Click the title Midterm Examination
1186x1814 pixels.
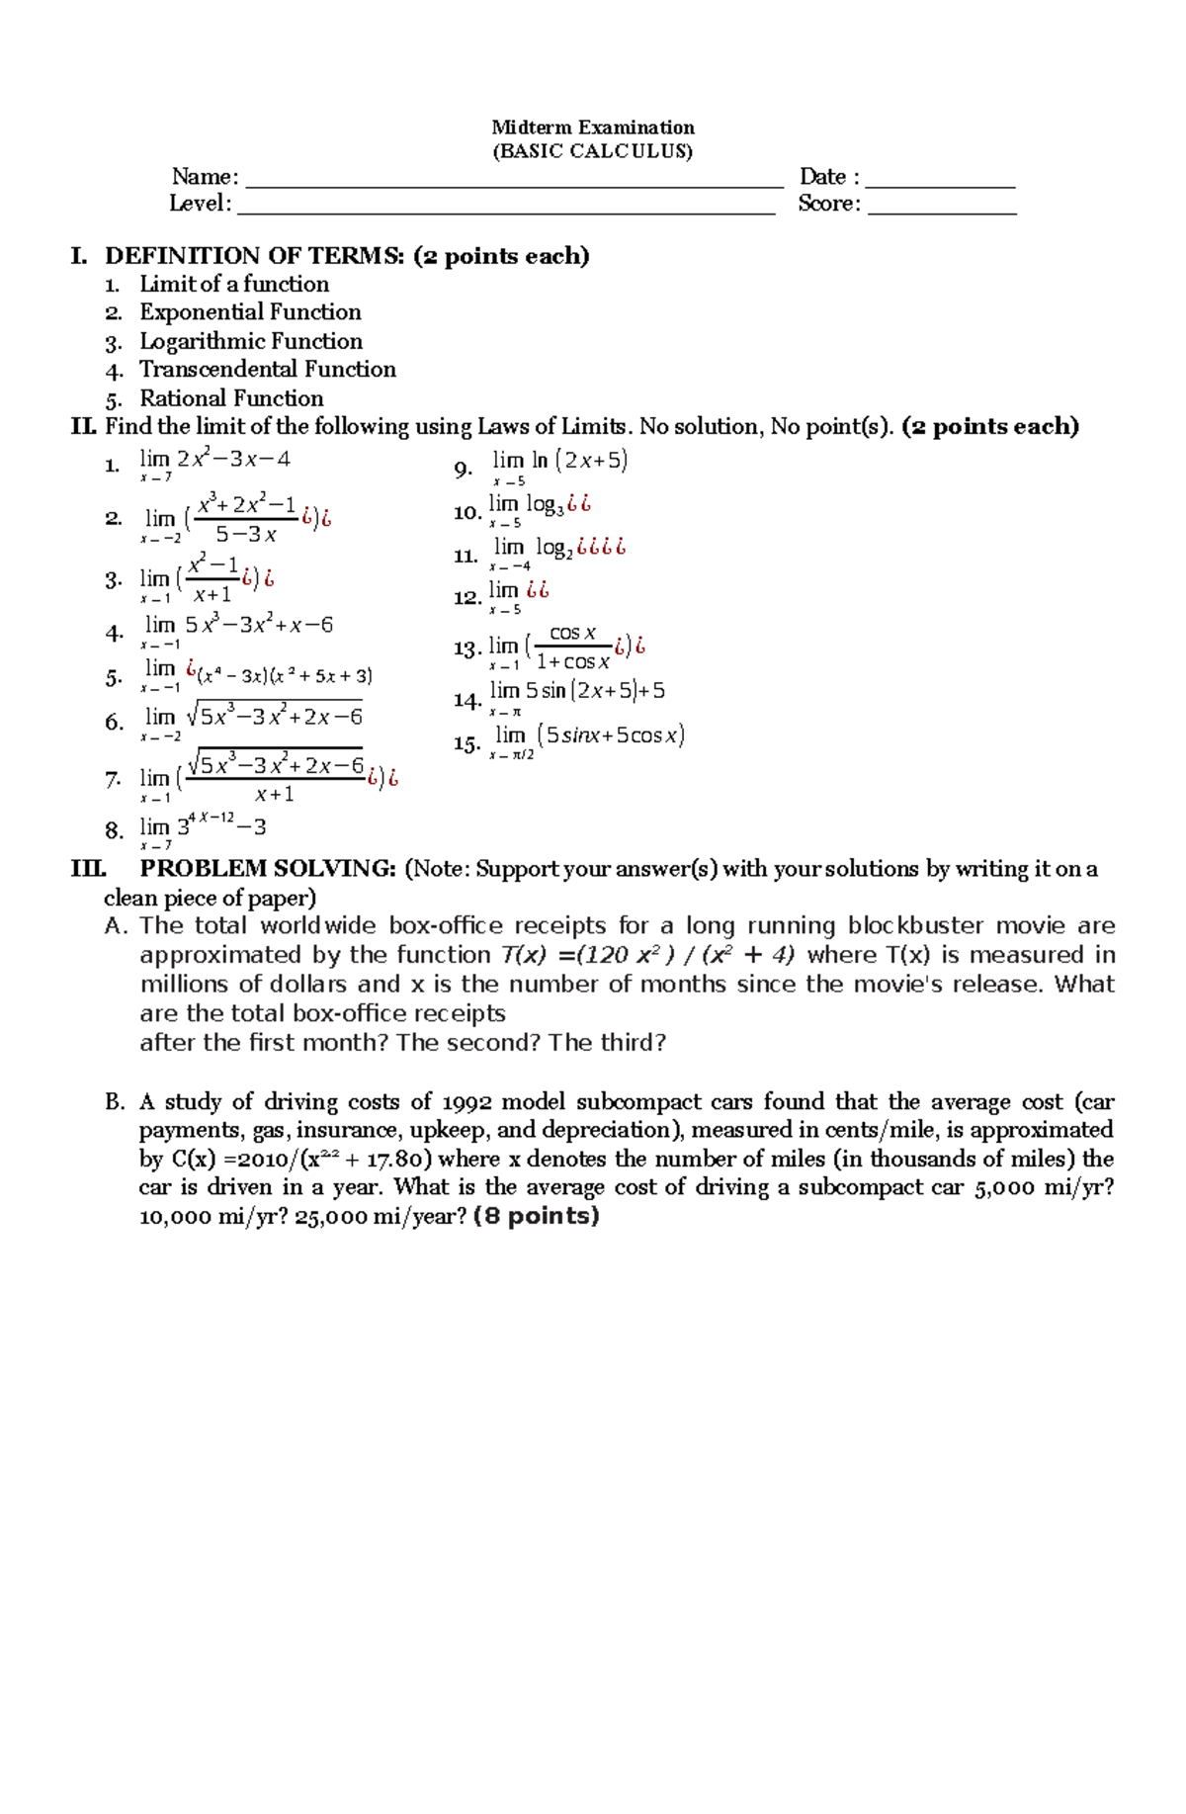[593, 127]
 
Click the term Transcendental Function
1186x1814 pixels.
[267, 369]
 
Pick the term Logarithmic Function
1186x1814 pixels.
[250, 341]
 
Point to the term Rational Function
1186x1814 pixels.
[231, 398]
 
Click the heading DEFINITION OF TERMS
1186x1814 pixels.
[254, 256]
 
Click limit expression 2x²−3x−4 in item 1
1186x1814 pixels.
[233, 459]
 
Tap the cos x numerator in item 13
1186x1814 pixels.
[572, 633]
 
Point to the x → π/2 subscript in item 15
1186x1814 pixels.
[511, 755]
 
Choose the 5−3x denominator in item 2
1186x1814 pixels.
[246, 535]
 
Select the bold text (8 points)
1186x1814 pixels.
[537, 1216]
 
